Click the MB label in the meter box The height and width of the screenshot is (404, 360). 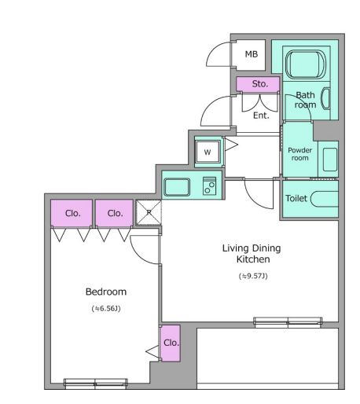[252, 54]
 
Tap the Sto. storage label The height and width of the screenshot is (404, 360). [259, 84]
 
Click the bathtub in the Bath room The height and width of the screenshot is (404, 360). [306, 64]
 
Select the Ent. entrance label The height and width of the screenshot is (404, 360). [261, 116]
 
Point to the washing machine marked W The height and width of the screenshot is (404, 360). [208, 152]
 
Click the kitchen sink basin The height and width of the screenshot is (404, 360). [177, 187]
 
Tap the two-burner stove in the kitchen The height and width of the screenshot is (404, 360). [209, 186]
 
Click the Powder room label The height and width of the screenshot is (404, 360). [299, 154]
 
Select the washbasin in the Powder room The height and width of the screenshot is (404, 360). [330, 160]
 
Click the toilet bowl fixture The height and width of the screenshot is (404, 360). [325, 199]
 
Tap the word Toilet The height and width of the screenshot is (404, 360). [296, 198]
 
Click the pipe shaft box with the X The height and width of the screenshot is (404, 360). [149, 212]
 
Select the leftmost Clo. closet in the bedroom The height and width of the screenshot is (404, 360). [72, 213]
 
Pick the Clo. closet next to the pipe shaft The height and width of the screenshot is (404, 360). [114, 213]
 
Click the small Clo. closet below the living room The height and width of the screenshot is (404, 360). [170, 343]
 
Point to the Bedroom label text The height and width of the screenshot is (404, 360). [106, 292]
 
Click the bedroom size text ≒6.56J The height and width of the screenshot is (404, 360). [106, 308]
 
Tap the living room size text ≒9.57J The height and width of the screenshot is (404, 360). [253, 276]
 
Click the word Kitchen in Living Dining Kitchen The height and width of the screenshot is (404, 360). [253, 259]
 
